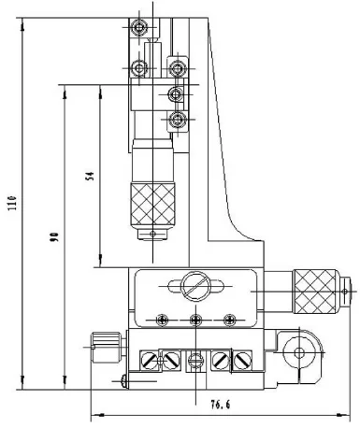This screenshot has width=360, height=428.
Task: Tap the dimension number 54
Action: [90, 179]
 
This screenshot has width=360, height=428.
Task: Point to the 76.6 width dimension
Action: [217, 405]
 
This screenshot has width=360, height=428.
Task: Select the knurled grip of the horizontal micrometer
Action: [315, 291]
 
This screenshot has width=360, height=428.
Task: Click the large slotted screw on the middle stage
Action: [194, 285]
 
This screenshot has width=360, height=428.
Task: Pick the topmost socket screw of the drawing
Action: [140, 30]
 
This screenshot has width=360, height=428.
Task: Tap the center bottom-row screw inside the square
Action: [194, 360]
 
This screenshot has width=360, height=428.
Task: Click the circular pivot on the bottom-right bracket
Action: [299, 353]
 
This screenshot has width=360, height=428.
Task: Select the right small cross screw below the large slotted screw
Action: [227, 319]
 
